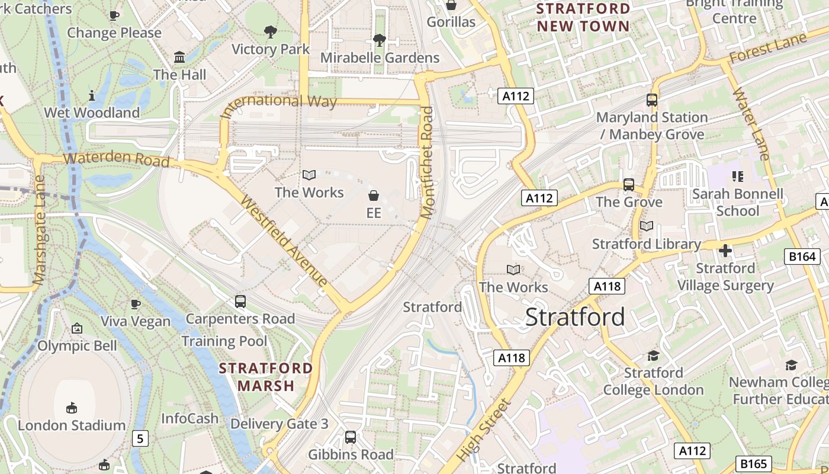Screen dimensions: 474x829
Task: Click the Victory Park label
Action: coord(271,49)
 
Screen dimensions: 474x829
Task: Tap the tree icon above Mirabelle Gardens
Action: coord(379,40)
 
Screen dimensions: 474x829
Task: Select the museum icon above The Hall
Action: coord(179,57)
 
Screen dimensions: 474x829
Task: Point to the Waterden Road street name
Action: coord(116,159)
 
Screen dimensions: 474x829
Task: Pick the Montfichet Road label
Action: coord(428,162)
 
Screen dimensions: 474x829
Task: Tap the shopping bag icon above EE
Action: coord(374,195)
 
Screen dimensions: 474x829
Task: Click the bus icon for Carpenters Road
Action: coord(240,302)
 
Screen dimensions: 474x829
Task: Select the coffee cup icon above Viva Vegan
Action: coord(136,304)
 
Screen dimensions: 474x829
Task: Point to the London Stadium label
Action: coord(72,425)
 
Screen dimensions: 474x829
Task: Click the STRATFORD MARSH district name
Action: coord(266,377)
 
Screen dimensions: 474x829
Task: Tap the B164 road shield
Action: coord(802,257)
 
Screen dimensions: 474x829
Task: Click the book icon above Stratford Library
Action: coord(647,226)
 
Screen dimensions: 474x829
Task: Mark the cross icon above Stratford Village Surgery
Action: coord(725,251)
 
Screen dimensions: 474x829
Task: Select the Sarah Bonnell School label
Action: coord(737,202)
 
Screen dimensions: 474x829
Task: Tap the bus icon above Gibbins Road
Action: coord(351,437)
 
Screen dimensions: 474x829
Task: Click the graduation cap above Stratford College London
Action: coord(653,355)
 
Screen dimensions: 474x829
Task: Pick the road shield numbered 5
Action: coord(140,439)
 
